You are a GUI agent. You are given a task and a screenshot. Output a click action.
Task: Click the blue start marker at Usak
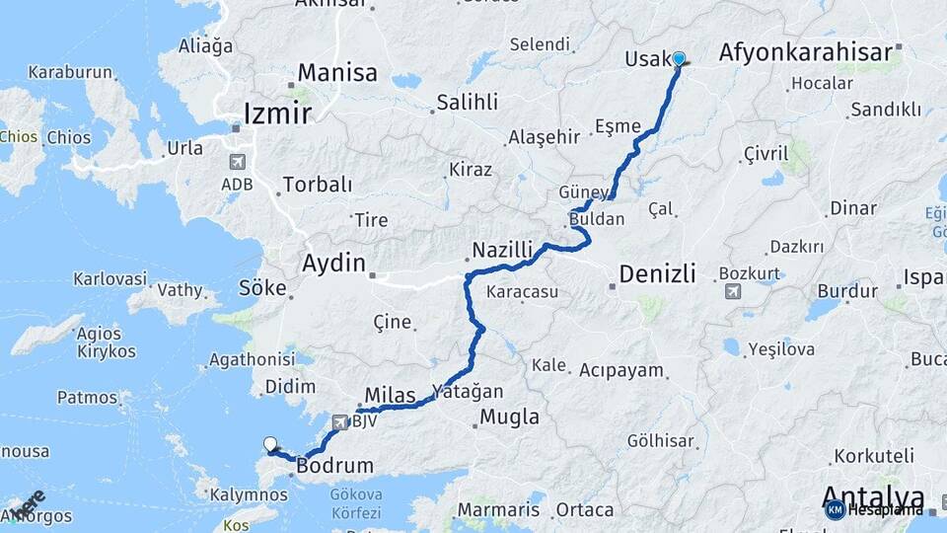tap(679, 58)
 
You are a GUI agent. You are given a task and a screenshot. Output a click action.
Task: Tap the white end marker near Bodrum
tap(269, 444)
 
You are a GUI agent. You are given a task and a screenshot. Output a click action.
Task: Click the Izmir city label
tap(277, 114)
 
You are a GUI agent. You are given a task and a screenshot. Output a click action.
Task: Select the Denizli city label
tap(657, 273)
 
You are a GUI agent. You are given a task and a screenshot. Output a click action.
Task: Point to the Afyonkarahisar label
tap(806, 52)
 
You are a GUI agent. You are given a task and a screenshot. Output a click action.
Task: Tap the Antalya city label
tap(873, 496)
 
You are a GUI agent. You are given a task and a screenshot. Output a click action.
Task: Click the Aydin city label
tap(332, 265)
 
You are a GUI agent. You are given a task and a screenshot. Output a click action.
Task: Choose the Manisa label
tap(337, 73)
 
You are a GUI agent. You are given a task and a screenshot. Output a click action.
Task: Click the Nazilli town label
tap(502, 251)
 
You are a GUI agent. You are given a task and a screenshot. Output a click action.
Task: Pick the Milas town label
tap(390, 396)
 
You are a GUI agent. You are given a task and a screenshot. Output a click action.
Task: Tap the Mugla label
tap(509, 418)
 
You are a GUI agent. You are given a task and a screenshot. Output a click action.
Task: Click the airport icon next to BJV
tap(341, 422)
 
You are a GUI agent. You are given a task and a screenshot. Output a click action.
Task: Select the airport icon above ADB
tap(238, 162)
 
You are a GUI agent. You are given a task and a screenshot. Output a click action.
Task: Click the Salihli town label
tap(468, 102)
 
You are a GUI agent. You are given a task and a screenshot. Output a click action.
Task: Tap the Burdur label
tap(847, 291)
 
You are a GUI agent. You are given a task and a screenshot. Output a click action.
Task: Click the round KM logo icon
tap(835, 509)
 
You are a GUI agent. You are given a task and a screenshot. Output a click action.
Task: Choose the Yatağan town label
tap(467, 392)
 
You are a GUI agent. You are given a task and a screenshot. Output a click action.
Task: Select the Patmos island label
tap(87, 398)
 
